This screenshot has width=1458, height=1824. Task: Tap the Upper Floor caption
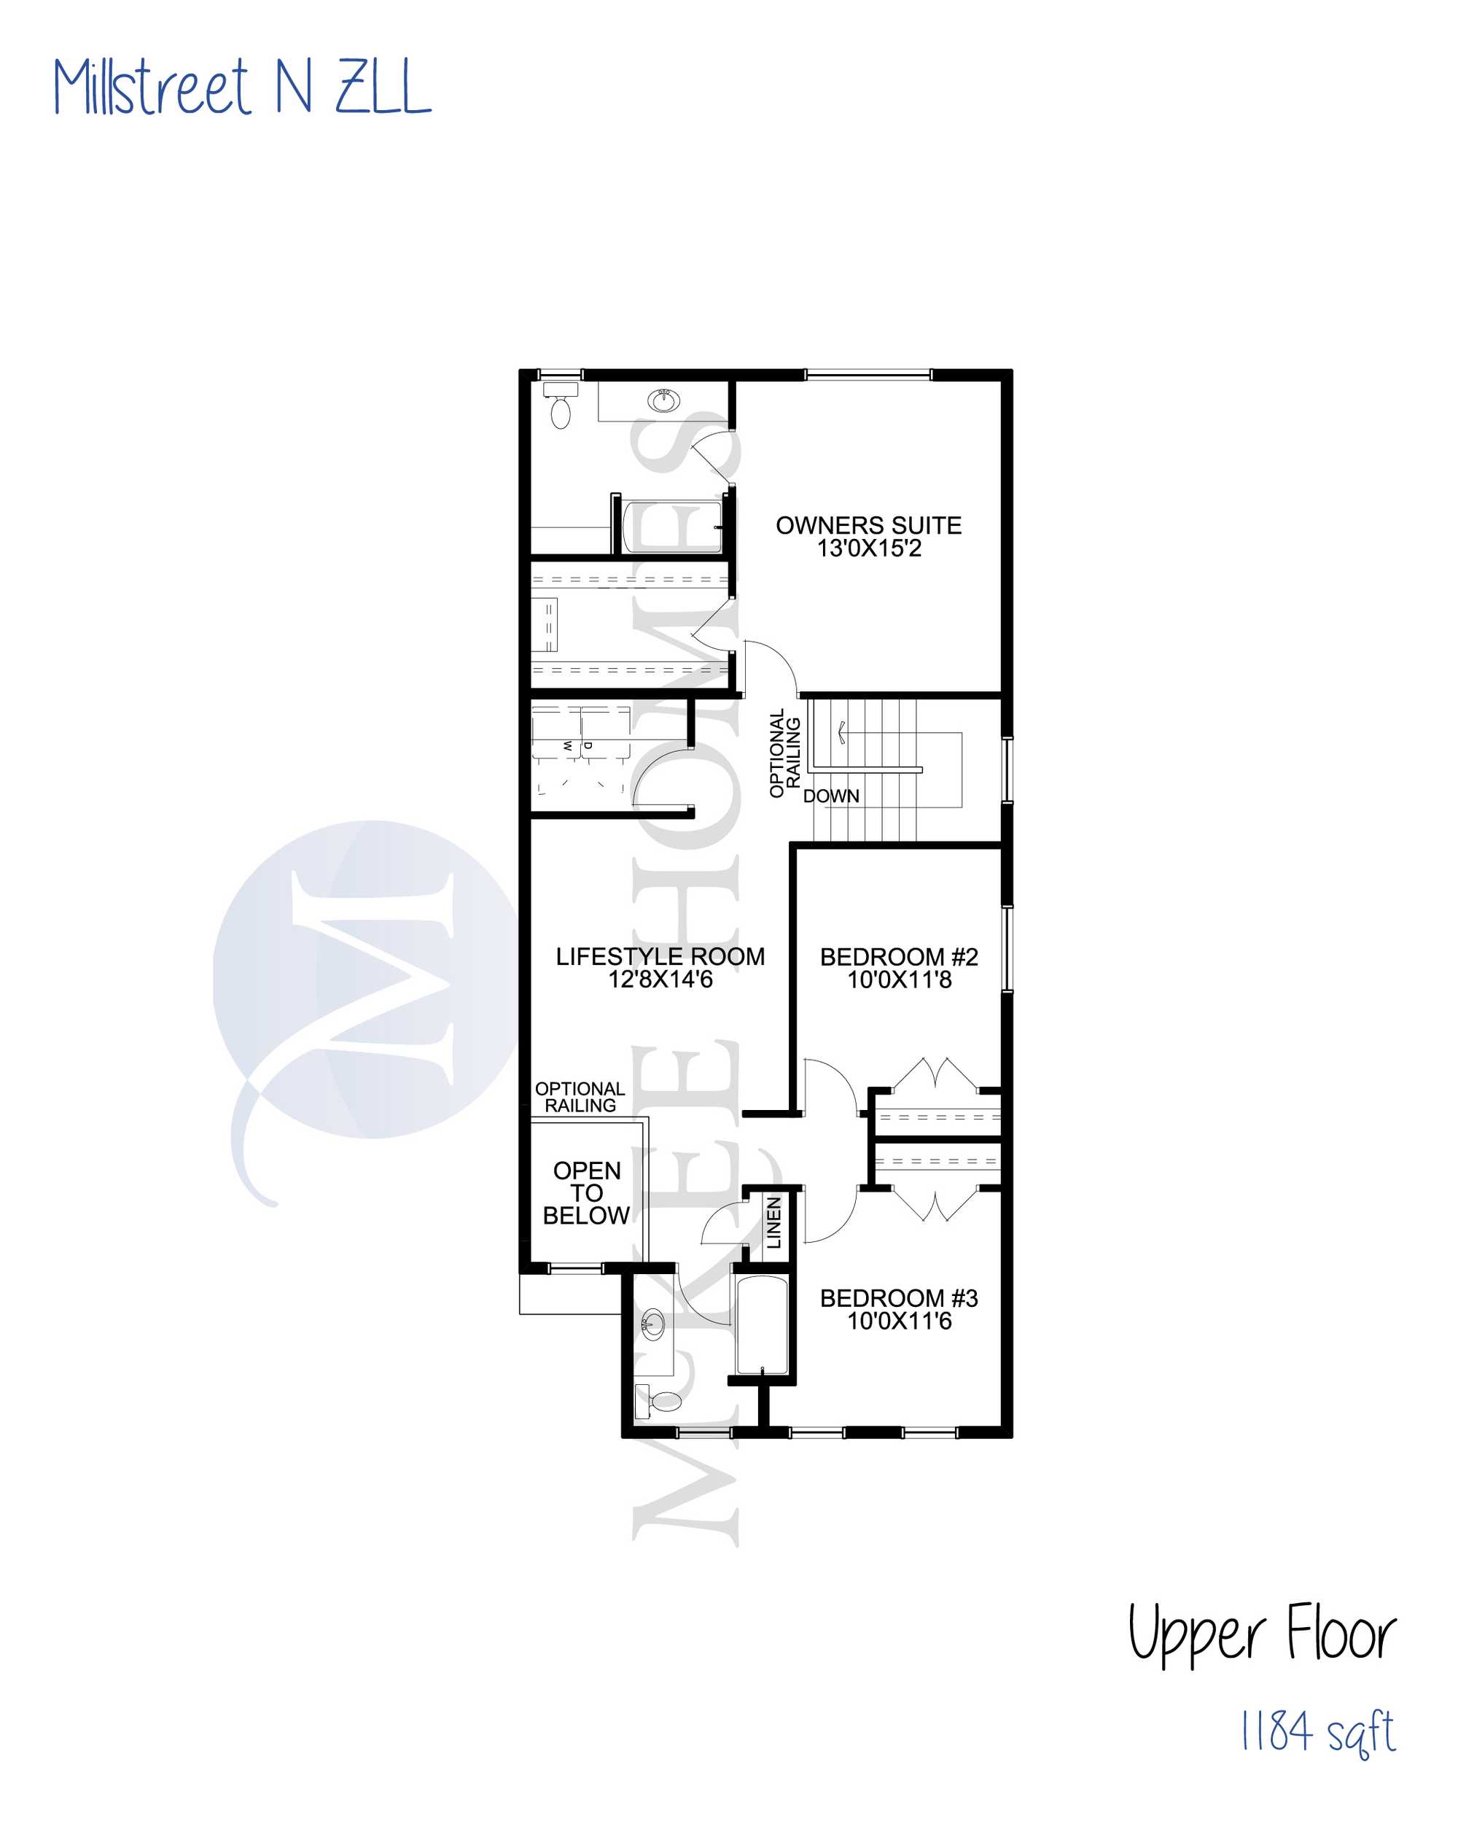click(x=1261, y=1633)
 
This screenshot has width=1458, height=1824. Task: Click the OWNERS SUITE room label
click(x=868, y=525)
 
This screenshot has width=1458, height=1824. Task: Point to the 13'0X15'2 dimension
click(x=868, y=548)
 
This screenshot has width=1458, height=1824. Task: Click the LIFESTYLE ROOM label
click(x=660, y=956)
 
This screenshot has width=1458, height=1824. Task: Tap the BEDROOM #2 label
click(x=899, y=957)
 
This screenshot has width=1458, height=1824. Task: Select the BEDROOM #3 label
click(x=899, y=1297)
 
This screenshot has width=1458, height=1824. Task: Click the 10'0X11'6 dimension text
click(x=899, y=1321)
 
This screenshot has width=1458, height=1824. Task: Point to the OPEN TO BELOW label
click(x=586, y=1193)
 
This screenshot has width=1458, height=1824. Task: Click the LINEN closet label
click(x=773, y=1222)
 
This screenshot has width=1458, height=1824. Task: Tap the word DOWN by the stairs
click(x=831, y=796)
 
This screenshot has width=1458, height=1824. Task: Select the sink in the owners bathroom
click(x=664, y=400)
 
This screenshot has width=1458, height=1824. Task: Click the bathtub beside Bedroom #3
click(x=762, y=1326)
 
